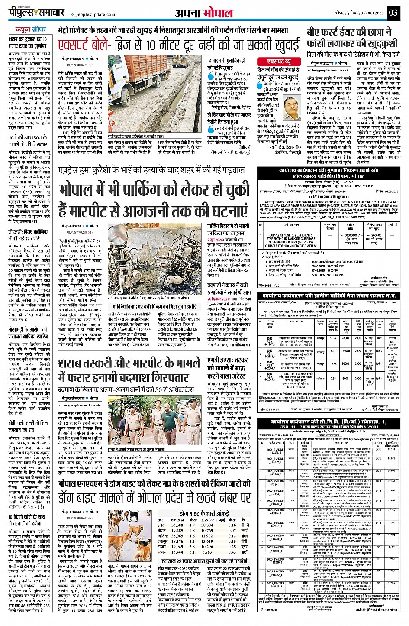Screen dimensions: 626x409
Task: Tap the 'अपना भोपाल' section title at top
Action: pyautogui.click(x=204, y=13)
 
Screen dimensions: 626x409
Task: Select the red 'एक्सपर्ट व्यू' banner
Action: pyautogui.click(x=279, y=62)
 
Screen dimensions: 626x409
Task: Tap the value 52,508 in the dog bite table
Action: pyautogui.click(x=177, y=525)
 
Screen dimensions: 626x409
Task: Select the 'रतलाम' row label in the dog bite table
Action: pyautogui.click(x=163, y=552)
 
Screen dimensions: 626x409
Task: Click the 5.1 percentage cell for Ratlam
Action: pyautogui.click(x=192, y=552)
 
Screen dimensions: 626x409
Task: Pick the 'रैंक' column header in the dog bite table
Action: pyautogui.click(x=245, y=519)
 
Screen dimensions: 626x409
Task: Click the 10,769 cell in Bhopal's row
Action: pyautogui.click(x=207, y=531)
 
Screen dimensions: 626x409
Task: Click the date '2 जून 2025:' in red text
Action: pyautogui.click(x=219, y=240)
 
